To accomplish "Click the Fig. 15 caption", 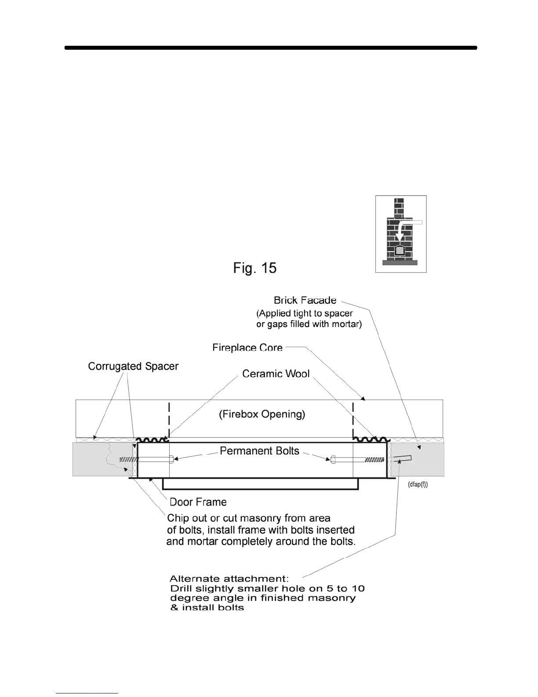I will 254,268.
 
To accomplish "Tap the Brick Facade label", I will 305,301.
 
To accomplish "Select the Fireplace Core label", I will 247,348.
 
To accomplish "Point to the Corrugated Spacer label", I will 133,367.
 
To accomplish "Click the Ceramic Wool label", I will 276,374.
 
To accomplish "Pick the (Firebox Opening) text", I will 262,414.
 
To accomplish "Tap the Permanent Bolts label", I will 259,451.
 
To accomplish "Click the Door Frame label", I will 198,502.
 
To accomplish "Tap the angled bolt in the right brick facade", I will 403,459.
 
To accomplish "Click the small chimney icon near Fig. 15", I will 400,234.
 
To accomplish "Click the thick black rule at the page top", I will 271,48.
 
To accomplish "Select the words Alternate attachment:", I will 229,579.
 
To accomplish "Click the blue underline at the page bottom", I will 87,693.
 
